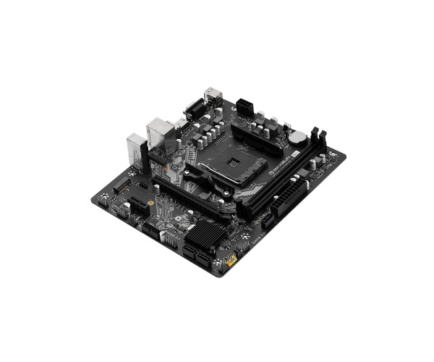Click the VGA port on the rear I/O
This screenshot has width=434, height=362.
click(x=193, y=110)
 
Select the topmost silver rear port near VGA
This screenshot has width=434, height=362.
click(x=212, y=93)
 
